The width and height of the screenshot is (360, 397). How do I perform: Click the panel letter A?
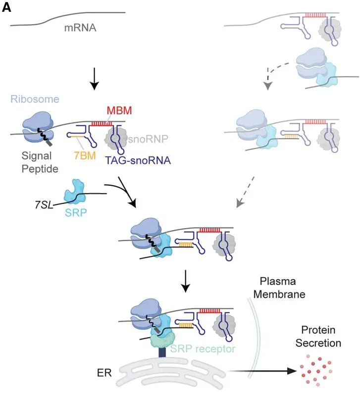coord(6,8)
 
